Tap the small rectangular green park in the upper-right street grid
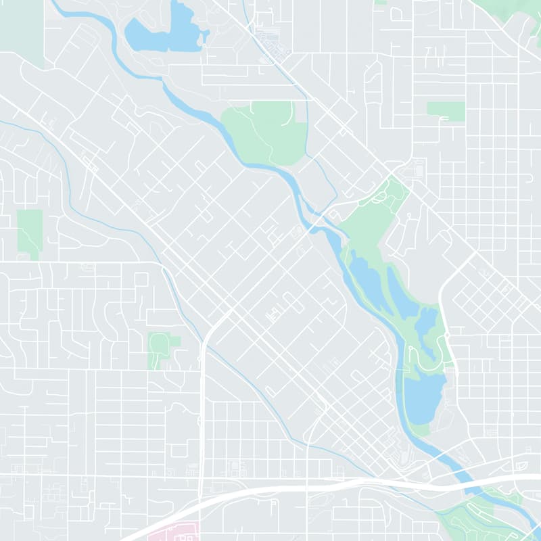[x=446, y=111]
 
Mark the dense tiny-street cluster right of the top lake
[x=274, y=44]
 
